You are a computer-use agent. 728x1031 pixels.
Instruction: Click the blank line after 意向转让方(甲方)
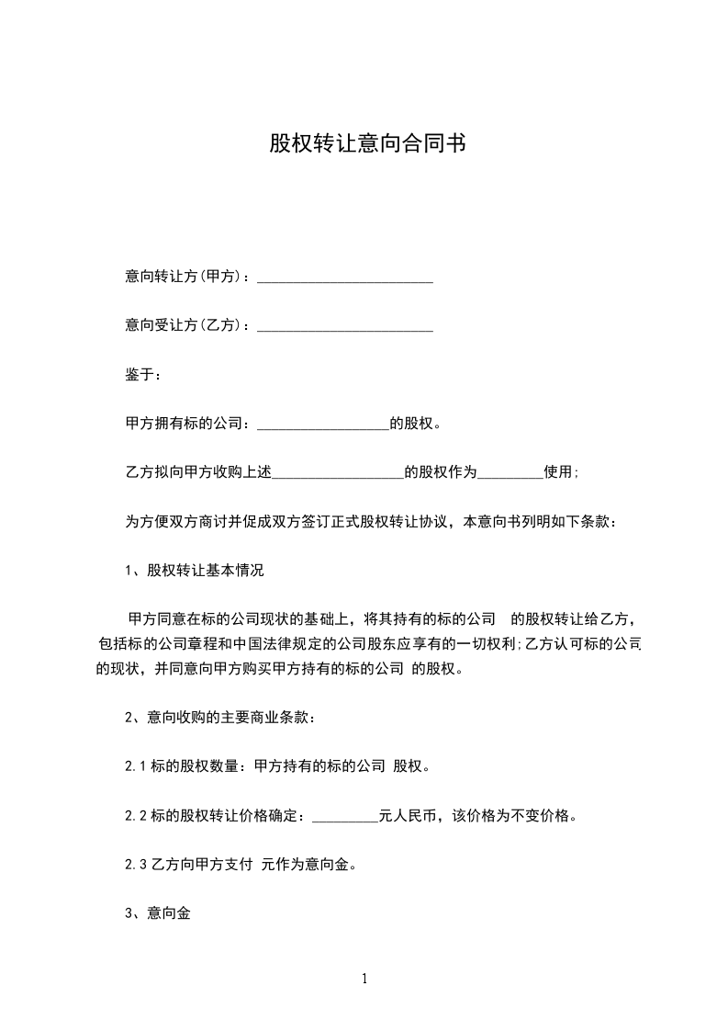pos(345,278)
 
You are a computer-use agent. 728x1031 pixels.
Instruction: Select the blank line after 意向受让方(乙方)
pos(345,326)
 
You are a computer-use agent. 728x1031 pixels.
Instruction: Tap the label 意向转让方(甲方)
pos(183,277)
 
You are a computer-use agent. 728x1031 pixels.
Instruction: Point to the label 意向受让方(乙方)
pos(183,324)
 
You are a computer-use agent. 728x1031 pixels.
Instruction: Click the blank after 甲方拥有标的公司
pos(323,425)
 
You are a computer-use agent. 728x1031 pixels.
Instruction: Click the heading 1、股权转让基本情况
pos(194,571)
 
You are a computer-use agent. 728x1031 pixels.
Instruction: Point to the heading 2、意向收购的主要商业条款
pos(219,718)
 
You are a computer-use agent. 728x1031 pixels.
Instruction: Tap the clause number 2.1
pos(135,766)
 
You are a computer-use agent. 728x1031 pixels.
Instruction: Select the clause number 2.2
pos(135,815)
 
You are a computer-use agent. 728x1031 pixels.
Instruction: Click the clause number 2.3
pos(135,864)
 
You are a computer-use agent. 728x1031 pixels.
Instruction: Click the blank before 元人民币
pos(345,817)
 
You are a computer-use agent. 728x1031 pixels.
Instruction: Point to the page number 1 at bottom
pos(364,979)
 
